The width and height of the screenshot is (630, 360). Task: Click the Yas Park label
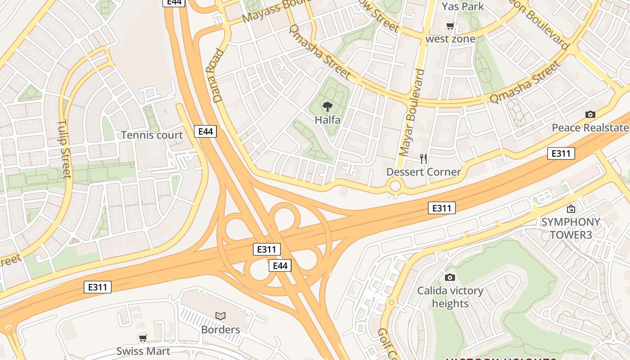pyautogui.click(x=463, y=6)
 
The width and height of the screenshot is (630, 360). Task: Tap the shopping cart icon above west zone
pyautogui.click(x=450, y=26)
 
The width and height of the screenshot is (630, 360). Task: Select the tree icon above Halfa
pyautogui.click(x=328, y=107)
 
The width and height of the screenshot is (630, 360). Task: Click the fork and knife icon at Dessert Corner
pyautogui.click(x=423, y=158)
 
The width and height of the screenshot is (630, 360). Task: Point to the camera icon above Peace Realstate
pyautogui.click(x=590, y=115)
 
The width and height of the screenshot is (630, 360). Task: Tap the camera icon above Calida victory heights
pyautogui.click(x=450, y=277)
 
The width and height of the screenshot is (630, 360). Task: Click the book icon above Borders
pyautogui.click(x=220, y=316)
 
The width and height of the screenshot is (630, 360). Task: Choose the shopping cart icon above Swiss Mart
pyautogui.click(x=143, y=338)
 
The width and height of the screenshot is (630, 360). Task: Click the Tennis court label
pyautogui.click(x=152, y=135)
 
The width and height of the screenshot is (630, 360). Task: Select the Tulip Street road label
pyautogui.click(x=64, y=148)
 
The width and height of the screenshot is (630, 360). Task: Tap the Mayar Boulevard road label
pyautogui.click(x=412, y=112)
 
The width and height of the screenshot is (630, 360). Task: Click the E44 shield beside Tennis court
pyautogui.click(x=206, y=131)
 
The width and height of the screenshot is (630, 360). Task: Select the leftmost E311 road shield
pyautogui.click(x=98, y=287)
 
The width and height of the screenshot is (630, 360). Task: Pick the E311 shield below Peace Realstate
pyautogui.click(x=561, y=153)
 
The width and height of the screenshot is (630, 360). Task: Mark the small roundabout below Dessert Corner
pyautogui.click(x=395, y=185)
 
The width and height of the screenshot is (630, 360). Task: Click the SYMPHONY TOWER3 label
pyautogui.click(x=571, y=228)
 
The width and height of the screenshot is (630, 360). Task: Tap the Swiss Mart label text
pyautogui.click(x=143, y=351)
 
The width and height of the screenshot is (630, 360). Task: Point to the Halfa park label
pyautogui.click(x=328, y=120)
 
